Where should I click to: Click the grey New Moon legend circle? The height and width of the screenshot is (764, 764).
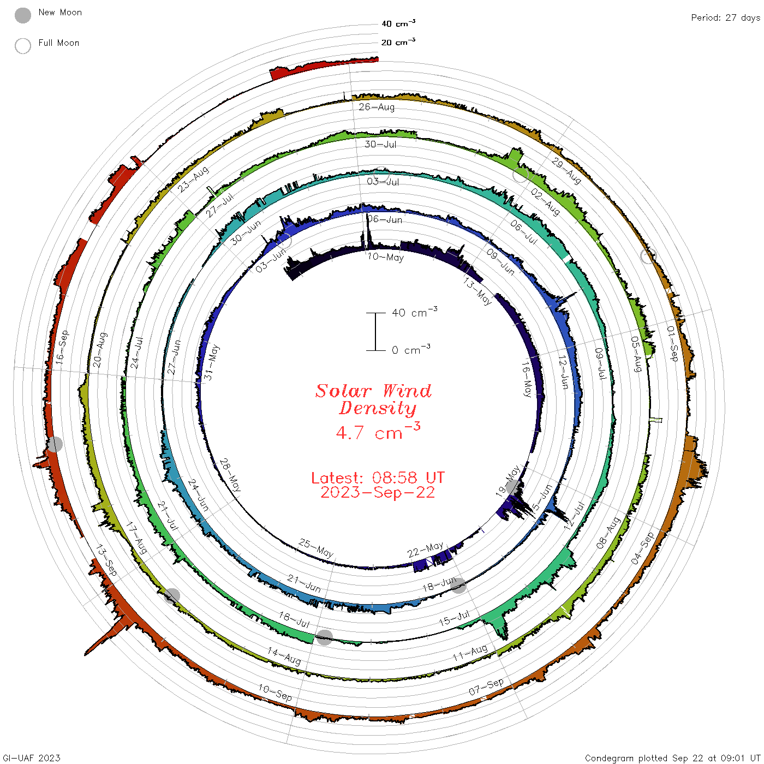[x=23, y=15]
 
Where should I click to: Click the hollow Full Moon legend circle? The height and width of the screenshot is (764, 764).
[x=23, y=46]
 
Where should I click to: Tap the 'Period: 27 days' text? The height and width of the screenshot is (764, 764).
[x=726, y=18]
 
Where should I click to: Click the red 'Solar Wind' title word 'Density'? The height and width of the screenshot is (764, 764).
[x=378, y=408]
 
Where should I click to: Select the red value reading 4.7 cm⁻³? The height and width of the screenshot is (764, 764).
[x=378, y=431]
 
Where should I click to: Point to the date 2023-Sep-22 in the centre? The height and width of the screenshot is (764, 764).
[x=378, y=493]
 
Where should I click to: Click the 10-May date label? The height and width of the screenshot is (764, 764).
[x=385, y=257]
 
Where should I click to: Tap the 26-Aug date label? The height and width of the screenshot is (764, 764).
[x=377, y=107]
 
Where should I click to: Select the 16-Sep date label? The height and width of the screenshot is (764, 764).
[x=62, y=347]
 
